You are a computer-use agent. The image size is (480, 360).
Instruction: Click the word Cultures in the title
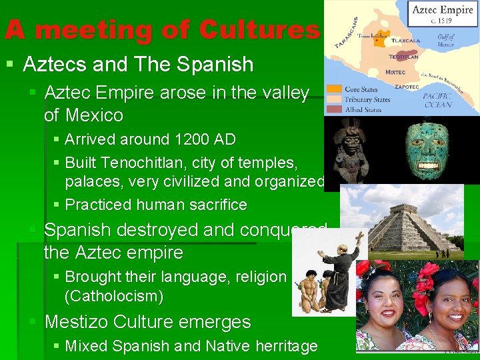[259, 30]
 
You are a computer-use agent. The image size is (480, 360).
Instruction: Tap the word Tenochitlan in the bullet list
[155, 163]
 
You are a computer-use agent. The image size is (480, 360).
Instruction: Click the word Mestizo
[76, 322]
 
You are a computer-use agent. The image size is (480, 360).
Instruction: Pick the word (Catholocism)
[114, 295]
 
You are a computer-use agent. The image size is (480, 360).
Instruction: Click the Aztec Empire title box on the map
[443, 14]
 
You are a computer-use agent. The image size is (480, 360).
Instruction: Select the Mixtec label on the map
[395, 72]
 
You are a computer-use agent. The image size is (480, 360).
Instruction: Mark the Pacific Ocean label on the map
[437, 99]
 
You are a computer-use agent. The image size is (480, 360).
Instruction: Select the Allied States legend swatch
[335, 109]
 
